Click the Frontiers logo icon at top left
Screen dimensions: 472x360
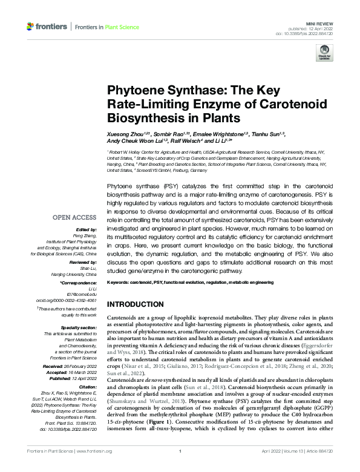point(31,27)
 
